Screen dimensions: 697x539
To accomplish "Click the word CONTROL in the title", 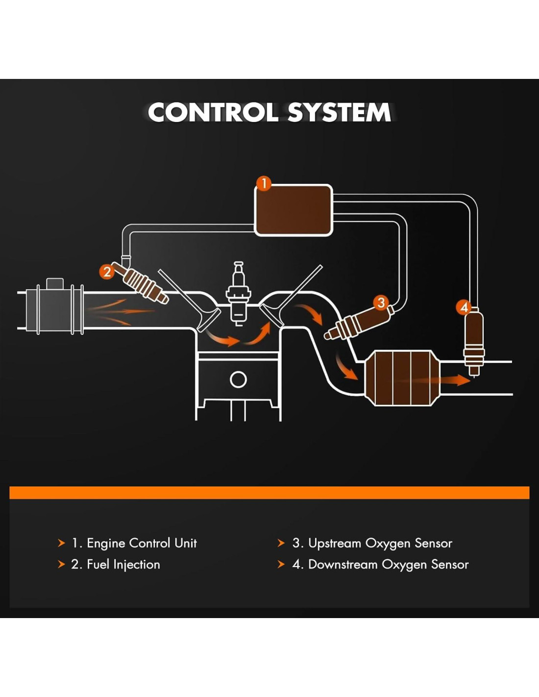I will pos(213,113).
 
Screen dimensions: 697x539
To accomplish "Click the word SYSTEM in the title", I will pos(339,113).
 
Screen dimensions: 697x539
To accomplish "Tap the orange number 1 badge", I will pos(264,184).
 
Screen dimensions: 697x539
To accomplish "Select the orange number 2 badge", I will pos(107,271).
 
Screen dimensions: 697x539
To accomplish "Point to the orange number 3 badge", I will pos(381,302).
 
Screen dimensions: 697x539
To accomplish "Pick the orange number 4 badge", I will pos(464,307).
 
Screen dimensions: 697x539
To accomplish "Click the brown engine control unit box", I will pos(294,210).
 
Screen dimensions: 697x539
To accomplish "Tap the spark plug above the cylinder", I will pos(238,294).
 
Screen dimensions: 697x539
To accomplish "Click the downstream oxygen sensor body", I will pos(474,338).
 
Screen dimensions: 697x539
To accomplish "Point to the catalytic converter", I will pos(403,378).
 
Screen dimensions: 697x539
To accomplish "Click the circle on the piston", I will pos(238,379).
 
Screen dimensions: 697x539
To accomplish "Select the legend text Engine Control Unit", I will pos(142,543).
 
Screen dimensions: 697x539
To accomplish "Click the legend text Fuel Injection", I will pos(123,565).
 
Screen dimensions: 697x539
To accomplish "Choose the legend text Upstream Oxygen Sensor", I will pos(380,543).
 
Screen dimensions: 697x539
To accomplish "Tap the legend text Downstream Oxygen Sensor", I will pos(388,565).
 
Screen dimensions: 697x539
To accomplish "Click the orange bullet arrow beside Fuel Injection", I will pos(61,564).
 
